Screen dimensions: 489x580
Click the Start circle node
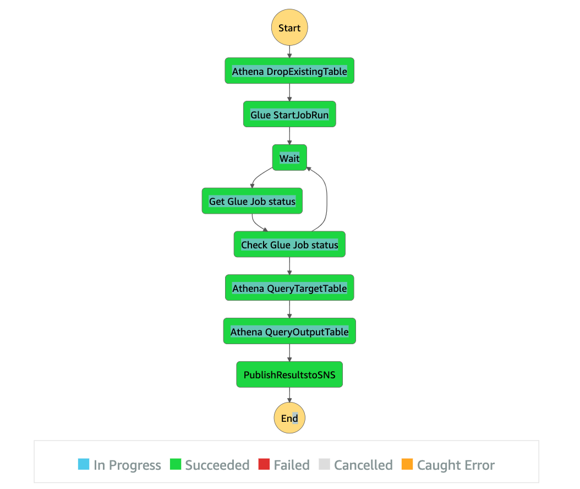[289, 28]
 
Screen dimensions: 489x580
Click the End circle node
[289, 419]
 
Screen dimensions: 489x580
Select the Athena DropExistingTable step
[289, 71]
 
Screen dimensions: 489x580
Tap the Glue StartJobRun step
[289, 115]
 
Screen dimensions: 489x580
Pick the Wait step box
[289, 158]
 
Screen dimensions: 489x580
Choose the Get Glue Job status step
[252, 202]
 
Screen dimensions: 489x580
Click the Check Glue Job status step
[289, 244]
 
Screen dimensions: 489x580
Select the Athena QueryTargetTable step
[289, 288]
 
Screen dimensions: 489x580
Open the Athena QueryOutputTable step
[289, 332]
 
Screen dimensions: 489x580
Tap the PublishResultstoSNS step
[289, 375]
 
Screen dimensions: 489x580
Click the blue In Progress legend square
[84, 464]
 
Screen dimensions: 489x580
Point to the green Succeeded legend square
[176, 464]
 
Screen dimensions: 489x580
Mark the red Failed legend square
[264, 464]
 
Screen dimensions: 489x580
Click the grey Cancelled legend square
[324, 464]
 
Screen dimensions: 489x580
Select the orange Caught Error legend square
[407, 464]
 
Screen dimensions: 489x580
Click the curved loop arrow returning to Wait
[327, 198]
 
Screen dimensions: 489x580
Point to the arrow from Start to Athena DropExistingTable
[289, 52]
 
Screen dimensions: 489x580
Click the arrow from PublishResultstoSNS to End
[289, 395]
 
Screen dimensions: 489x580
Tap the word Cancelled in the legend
[363, 465]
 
